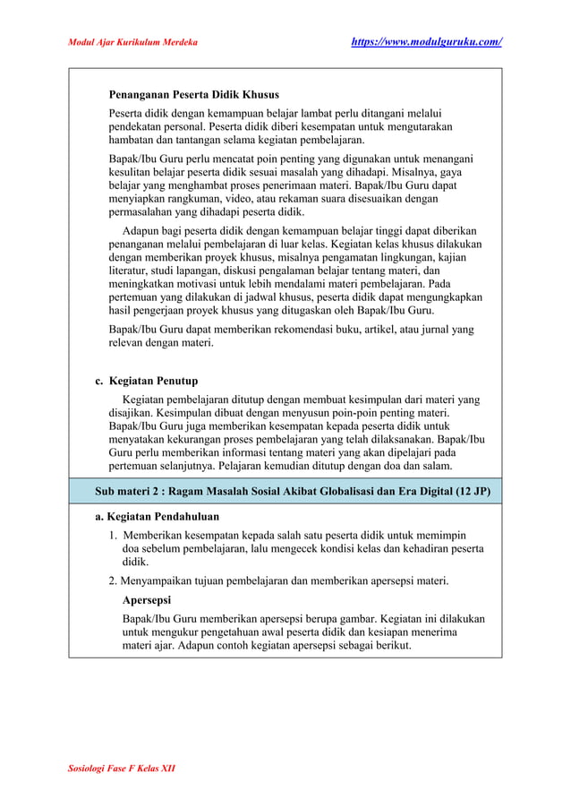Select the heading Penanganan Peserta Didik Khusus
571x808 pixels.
click(193, 94)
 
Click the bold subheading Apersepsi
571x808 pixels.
click(147, 599)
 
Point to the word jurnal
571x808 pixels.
click(436, 329)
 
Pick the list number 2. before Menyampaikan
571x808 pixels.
click(114, 580)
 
